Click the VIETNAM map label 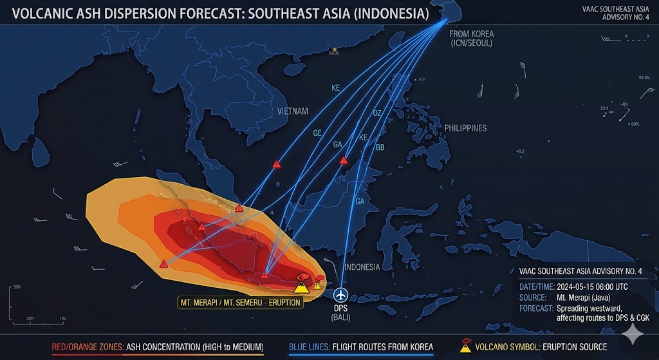292,111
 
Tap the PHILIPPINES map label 465,128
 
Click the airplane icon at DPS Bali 340,295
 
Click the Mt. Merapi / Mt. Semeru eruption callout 239,301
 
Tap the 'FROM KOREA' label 471,34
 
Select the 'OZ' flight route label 377,113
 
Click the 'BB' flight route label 380,147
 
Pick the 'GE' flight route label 317,133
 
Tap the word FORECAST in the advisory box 536,308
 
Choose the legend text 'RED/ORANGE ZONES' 88,347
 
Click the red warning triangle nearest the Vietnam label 277,164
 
